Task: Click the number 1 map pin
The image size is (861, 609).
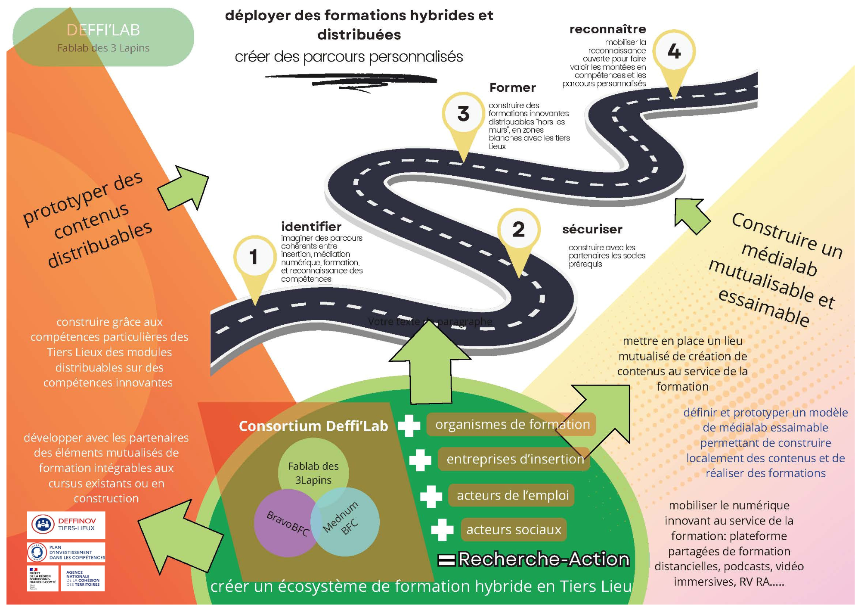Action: (254, 257)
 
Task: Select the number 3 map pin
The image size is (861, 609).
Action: (463, 114)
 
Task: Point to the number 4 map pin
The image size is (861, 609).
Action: (674, 52)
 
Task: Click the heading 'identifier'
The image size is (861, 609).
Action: (311, 227)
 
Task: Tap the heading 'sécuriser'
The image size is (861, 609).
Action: (592, 229)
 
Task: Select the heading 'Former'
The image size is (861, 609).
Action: (512, 87)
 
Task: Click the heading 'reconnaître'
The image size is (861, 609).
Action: (607, 29)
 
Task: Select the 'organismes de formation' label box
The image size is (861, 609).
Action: (512, 425)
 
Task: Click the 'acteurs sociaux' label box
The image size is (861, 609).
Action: (514, 529)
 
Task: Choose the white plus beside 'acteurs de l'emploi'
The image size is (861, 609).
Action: (431, 496)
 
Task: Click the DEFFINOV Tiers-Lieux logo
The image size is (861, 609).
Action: (66, 525)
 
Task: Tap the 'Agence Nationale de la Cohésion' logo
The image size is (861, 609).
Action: (83, 578)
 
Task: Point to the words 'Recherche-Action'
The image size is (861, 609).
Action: (543, 559)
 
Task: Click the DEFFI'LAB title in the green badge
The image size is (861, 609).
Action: (103, 30)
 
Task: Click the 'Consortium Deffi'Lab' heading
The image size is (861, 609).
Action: (313, 426)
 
